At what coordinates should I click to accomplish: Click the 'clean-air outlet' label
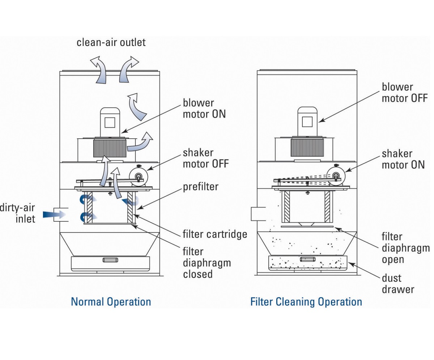[x=111, y=42]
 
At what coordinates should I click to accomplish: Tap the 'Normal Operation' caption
[x=111, y=302]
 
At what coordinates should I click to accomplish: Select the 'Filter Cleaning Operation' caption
[x=306, y=302]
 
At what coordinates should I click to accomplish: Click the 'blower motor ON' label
[x=204, y=108]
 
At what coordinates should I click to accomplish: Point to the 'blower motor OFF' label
[x=405, y=92]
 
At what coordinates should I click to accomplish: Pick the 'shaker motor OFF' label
[x=205, y=158]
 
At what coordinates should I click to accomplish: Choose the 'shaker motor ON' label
[x=403, y=159]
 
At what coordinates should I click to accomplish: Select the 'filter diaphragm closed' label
[x=207, y=262]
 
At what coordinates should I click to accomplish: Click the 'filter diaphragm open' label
[x=405, y=248]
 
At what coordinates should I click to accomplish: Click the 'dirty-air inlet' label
[x=18, y=213]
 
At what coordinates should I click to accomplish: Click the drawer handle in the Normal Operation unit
[x=111, y=260]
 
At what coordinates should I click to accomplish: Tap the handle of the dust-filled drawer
[x=308, y=259]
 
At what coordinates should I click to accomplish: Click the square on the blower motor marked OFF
[x=307, y=122]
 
